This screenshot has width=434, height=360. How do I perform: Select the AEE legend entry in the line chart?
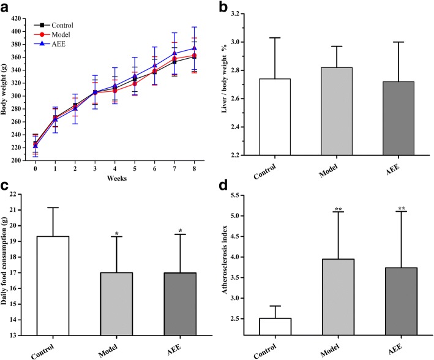[x=57, y=45]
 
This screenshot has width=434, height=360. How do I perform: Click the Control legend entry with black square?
[x=61, y=25]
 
